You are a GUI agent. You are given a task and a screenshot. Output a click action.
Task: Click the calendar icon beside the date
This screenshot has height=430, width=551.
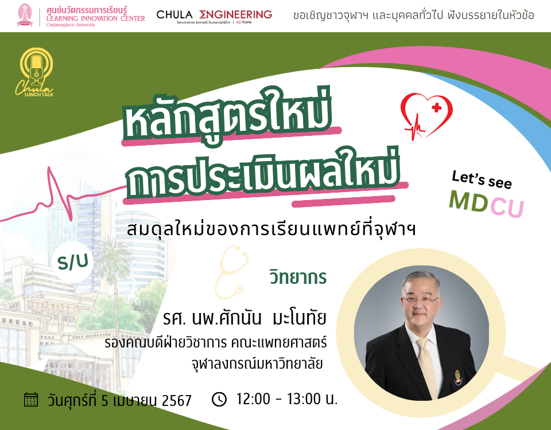pos(31,399)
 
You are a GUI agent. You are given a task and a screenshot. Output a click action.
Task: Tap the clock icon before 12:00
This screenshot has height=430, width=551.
pos(219,399)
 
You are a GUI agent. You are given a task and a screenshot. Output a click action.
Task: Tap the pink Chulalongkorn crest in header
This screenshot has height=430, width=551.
pos(26,16)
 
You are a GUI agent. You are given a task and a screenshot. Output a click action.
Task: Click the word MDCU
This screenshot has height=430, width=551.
pos(486,204)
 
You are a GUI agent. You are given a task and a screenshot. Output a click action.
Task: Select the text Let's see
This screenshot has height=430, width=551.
pos(482,178)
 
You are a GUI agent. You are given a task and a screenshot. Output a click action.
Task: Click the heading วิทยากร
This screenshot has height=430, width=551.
pos(298,277)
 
